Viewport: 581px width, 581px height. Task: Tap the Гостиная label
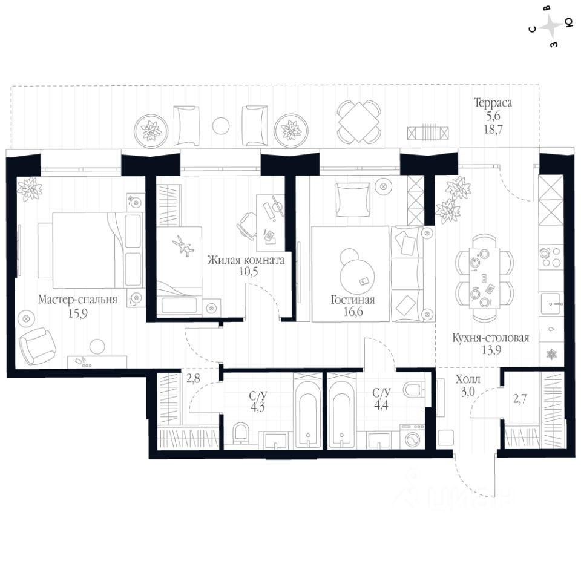pos(353,300)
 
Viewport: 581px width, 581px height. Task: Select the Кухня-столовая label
pos(490,338)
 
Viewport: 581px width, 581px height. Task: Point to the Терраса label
pos(493,103)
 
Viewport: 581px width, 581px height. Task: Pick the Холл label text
pos(467,379)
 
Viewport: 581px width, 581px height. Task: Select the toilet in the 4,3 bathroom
pos(241,433)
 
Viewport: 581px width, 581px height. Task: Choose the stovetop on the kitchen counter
pos(551,257)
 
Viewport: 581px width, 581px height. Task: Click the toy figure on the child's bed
pos(182,245)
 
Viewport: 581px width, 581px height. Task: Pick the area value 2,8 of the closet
pos(192,379)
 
